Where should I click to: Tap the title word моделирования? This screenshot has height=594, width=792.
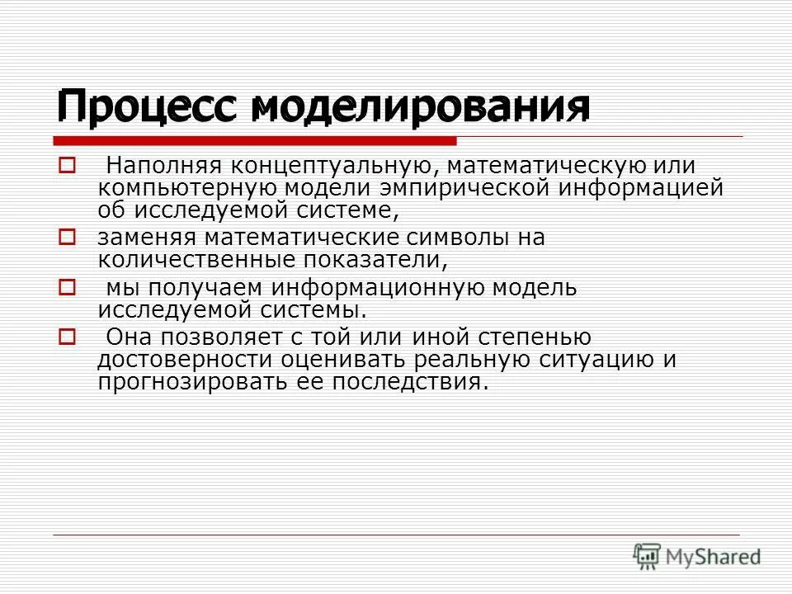[x=420, y=106]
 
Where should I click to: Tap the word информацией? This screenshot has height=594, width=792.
[x=642, y=188]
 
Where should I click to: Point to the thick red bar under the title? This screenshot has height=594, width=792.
[x=256, y=141]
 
